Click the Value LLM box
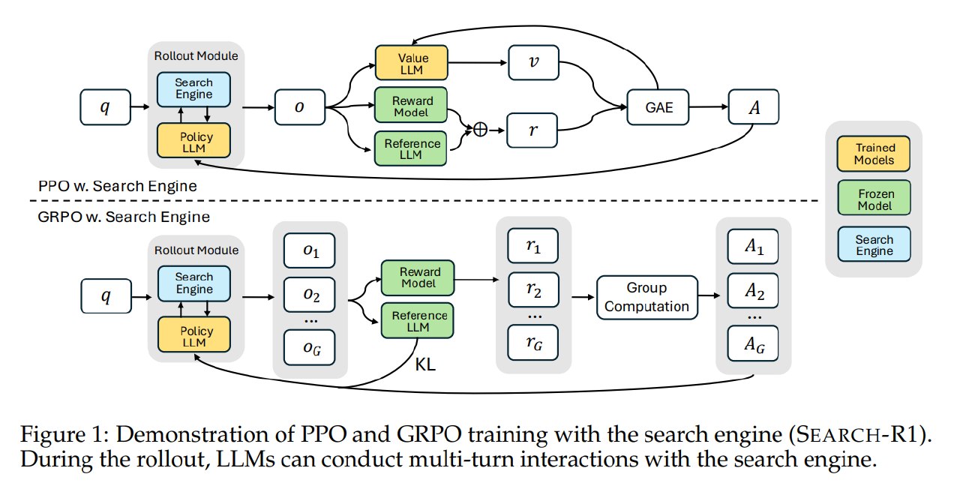(412, 63)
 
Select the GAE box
(658, 107)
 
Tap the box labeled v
(533, 62)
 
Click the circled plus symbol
(481, 129)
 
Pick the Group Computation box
(647, 297)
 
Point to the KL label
(425, 364)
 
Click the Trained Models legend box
(874, 154)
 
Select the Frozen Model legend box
(874, 197)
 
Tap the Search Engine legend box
(874, 244)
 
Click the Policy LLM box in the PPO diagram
(193, 140)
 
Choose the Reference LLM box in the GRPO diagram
(418, 320)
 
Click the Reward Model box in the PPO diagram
(411, 106)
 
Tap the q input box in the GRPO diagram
(106, 296)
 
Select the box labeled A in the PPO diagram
(754, 106)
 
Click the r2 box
(533, 290)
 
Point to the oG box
(310, 347)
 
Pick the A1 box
(753, 247)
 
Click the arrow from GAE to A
(709, 106)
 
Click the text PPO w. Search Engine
(118, 186)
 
